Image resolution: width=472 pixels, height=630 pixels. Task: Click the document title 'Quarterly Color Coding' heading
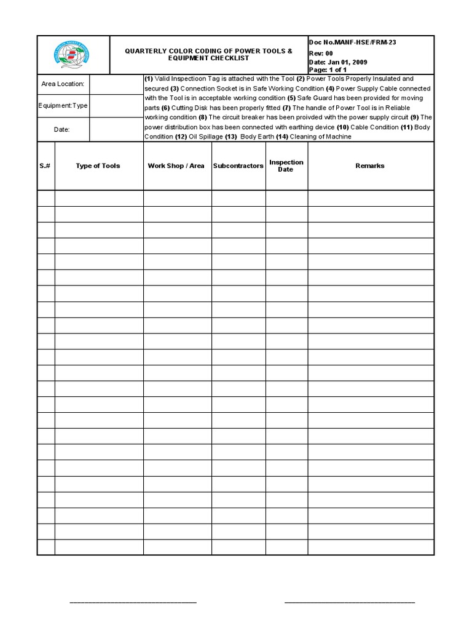pos(209,54)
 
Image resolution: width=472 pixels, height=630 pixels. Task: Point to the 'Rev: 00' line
pos(321,53)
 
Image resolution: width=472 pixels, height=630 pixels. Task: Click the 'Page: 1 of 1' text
pos(328,70)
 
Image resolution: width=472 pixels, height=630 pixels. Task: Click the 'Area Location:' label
pos(63,84)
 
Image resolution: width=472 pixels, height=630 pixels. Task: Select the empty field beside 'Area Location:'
pos(116,84)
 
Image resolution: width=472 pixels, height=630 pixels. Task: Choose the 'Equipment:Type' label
pos(63,106)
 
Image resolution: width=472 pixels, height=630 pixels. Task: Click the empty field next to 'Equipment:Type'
pos(116,106)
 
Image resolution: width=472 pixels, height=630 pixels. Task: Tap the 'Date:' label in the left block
pos(63,130)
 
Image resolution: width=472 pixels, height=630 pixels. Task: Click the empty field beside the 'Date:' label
pos(116,130)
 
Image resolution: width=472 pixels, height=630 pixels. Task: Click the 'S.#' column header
pos(45,166)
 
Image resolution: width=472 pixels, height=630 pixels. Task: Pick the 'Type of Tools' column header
pos(98,166)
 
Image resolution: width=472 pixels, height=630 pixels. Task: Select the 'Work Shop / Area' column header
pos(176,166)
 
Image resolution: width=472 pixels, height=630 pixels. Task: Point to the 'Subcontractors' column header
pos(238,166)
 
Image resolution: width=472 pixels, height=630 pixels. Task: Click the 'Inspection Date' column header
pos(286,166)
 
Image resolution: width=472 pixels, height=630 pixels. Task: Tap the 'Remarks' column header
pos(370,166)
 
